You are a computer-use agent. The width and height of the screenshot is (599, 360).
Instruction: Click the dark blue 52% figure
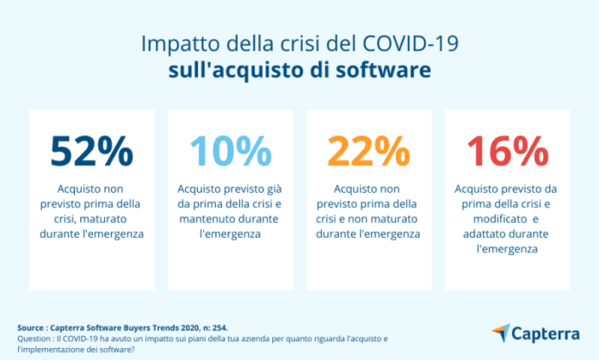tap(92, 152)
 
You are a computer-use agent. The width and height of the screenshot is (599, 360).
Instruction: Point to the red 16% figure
tap(506, 152)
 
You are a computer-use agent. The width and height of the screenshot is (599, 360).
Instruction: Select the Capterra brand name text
tap(547, 332)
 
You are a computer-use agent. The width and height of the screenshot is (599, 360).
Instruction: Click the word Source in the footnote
tap(31, 328)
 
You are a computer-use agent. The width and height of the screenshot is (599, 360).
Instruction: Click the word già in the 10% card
tap(274, 188)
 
